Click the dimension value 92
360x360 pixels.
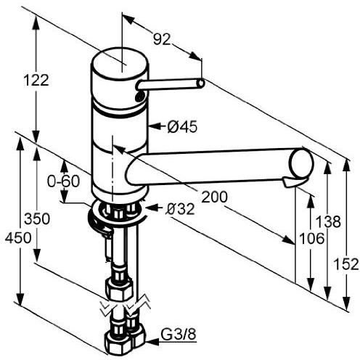point(162,41)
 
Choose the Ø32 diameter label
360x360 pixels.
point(180,209)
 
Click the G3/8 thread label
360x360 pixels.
point(178,335)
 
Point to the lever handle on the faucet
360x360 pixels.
point(171,86)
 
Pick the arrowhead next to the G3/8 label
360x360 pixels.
point(151,336)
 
